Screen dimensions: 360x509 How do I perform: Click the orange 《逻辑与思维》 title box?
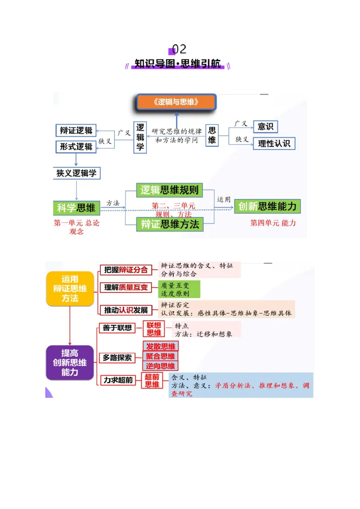pos(176,102)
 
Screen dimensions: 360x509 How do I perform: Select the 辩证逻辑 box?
pos(76,130)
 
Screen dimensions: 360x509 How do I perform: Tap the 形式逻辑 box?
pos(76,147)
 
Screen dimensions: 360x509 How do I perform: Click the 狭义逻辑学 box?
pos(76,173)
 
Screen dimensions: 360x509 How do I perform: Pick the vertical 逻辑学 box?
pos(140,137)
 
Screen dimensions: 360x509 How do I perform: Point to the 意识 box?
pos(265,127)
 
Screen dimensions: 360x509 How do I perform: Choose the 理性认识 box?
pos(274,144)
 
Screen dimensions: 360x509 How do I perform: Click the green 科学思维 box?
pos(76,208)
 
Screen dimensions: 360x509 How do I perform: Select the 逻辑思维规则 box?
pos(169,190)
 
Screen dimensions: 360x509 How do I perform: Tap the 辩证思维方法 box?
pos(170,224)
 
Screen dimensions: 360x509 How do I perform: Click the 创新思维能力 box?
pos(267,206)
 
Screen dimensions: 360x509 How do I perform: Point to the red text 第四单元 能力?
pos(273,223)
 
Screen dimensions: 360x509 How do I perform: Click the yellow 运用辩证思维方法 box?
pos(70,289)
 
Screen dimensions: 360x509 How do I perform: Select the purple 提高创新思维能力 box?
pos(70,362)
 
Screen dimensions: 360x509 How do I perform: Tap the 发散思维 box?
pos(161,346)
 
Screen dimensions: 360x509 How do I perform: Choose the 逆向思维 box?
pos(161,366)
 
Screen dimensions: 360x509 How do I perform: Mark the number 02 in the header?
pos(179,49)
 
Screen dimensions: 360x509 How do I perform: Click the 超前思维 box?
pos(152,380)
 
